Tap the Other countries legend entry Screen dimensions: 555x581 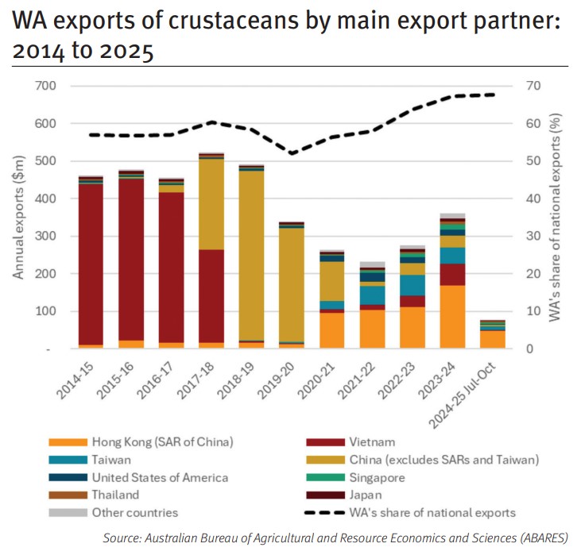[x=135, y=512]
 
